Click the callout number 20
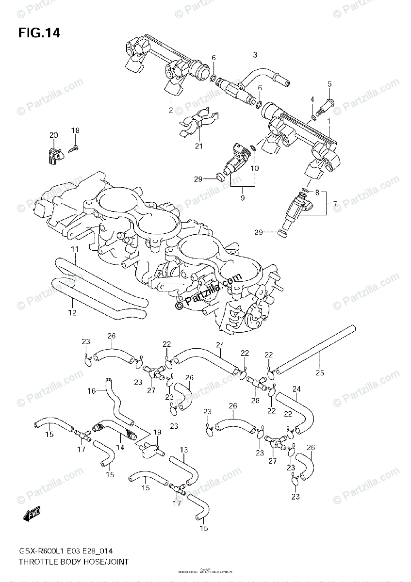53,135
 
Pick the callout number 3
255,55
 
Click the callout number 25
320,373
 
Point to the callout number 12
72,313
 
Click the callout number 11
74,249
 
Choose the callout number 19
157,432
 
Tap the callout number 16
91,390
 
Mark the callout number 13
183,450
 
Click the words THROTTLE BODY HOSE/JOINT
74,562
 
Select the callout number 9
243,198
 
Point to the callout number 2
171,110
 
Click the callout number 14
119,448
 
